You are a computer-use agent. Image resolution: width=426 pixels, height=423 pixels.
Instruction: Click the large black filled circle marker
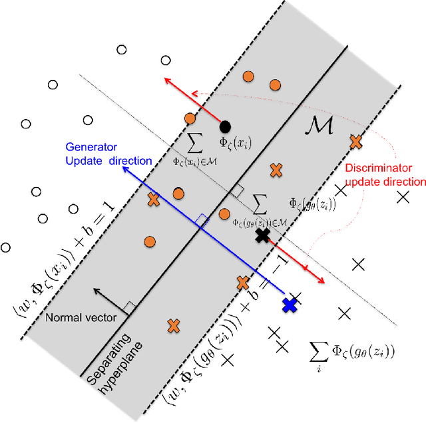pos(226,126)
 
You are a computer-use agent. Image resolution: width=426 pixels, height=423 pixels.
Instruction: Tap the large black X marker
pos(262,235)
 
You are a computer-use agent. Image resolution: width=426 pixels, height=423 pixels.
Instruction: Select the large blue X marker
pos(290,305)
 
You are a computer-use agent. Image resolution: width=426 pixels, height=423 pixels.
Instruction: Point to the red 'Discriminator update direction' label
pos(385,175)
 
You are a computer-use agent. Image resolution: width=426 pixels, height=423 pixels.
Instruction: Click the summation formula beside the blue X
pos(352,351)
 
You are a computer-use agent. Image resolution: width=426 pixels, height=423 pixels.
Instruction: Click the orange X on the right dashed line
pos(355,141)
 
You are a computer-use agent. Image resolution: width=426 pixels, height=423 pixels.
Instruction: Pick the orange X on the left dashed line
pos(153,199)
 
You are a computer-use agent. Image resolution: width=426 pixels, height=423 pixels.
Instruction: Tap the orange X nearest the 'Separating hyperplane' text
pos(174,326)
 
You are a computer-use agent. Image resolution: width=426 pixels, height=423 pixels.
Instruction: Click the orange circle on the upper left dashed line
pos(190,118)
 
